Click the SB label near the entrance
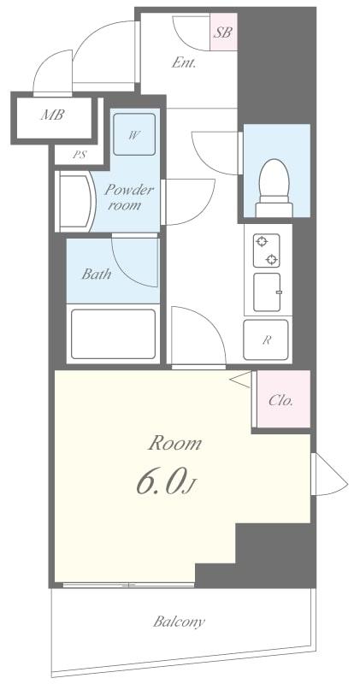coord(223,34)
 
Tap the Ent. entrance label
coord(184,62)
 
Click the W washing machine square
coord(134,136)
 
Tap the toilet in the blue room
coord(275,185)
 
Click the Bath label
coord(96,274)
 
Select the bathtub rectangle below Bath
coord(113,333)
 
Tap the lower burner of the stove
coord(272,259)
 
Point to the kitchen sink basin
coord(267,293)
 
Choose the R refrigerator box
coord(267,340)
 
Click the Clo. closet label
coord(280,399)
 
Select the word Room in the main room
coord(175,443)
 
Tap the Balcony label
coord(179,622)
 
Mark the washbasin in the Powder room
coord(74,201)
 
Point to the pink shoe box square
coord(223,34)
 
